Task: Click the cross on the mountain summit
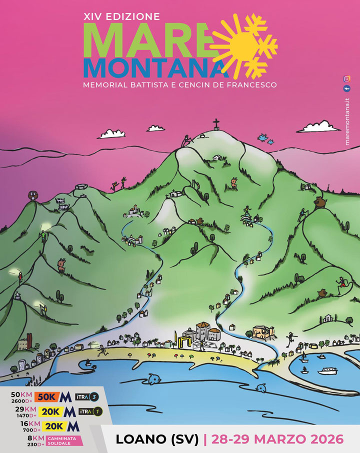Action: (216, 123)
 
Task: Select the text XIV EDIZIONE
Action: (122, 16)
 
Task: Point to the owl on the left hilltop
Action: (33, 195)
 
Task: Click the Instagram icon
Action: (346, 78)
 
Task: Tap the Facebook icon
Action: (346, 88)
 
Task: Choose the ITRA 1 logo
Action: (87, 411)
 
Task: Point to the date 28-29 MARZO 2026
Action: (277, 439)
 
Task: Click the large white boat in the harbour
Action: (329, 371)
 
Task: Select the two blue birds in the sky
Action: (266, 138)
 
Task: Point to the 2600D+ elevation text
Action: (21, 401)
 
